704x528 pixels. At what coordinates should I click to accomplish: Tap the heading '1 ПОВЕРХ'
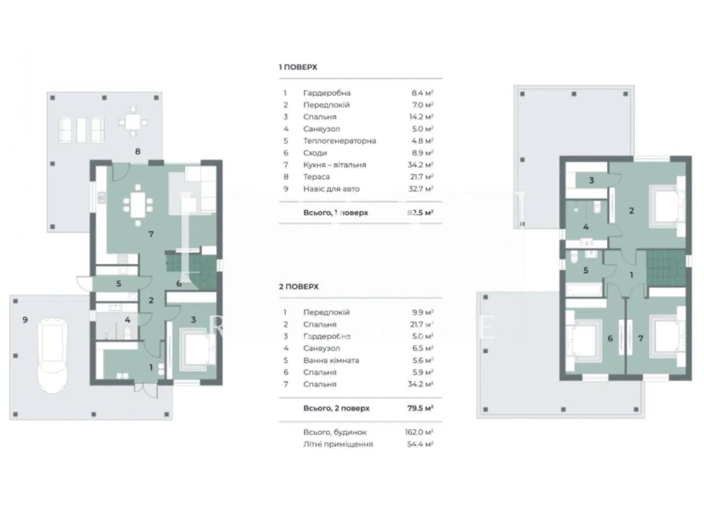[298, 67]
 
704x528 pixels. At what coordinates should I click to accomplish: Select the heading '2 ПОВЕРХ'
[299, 286]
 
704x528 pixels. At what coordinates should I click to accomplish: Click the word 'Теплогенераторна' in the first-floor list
[339, 141]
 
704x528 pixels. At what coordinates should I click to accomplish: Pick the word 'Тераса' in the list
[316, 177]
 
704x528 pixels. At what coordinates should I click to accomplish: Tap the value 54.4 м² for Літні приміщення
[420, 444]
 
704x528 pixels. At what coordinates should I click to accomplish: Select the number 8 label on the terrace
[138, 151]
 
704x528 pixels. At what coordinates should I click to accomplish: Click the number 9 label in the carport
[25, 320]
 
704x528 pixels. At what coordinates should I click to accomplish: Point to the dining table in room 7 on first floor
[138, 205]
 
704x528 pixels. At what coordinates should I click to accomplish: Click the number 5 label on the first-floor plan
[118, 284]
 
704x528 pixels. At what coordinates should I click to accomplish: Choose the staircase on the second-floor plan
[665, 268]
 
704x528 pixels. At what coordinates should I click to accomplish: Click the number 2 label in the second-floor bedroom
[631, 211]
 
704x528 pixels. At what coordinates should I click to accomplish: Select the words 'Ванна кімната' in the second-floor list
[331, 360]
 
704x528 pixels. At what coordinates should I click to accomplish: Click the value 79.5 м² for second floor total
[420, 408]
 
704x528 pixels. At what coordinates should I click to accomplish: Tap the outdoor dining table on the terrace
[133, 122]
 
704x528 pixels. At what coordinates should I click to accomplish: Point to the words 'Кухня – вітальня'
[334, 165]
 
